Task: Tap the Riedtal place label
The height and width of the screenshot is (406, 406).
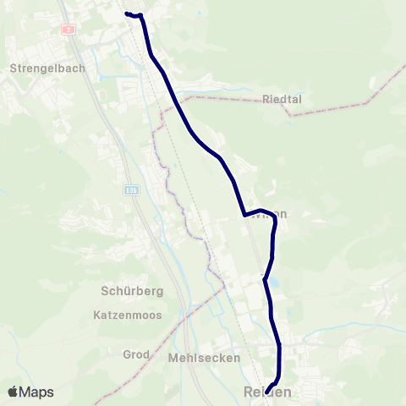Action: click(x=282, y=99)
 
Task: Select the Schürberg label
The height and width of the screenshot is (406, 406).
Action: click(x=128, y=290)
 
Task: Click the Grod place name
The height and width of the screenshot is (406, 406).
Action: click(x=136, y=354)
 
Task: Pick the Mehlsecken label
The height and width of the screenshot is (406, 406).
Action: click(x=204, y=358)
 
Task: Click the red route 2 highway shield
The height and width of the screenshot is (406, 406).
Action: click(x=69, y=29)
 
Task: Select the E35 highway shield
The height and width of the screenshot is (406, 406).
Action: click(x=130, y=191)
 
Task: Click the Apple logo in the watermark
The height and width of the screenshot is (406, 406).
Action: click(x=14, y=392)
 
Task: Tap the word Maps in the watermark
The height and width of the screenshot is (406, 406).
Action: click(x=36, y=392)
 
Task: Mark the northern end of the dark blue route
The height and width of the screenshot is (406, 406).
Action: click(x=127, y=14)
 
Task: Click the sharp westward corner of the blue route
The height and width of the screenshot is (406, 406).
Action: click(x=244, y=214)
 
